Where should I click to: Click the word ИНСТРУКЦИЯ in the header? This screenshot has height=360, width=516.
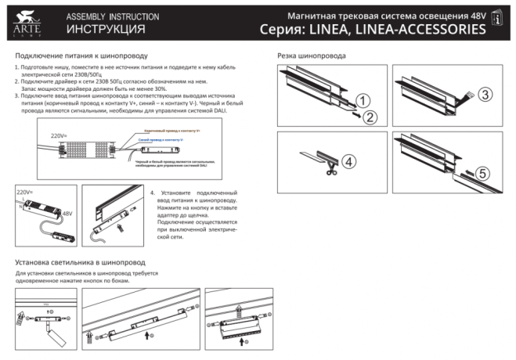[x=106, y=29]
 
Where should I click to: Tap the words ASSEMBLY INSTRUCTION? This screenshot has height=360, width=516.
[x=112, y=16]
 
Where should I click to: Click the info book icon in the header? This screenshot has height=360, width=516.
[x=496, y=22]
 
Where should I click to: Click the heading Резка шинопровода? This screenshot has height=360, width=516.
[x=312, y=56]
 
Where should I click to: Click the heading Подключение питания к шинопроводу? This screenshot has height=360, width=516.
[x=81, y=56]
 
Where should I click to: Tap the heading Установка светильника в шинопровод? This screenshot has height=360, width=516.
[x=80, y=262]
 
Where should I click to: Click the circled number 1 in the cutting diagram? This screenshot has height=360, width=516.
[x=362, y=100]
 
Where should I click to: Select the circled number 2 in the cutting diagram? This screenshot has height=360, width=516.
[x=370, y=117]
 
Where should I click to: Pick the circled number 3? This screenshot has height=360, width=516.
[x=485, y=95]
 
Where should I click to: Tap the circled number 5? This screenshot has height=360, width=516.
[x=482, y=173]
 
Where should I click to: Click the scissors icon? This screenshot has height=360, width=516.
[x=333, y=166]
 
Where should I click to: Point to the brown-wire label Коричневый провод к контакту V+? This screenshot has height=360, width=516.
[x=172, y=131]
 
